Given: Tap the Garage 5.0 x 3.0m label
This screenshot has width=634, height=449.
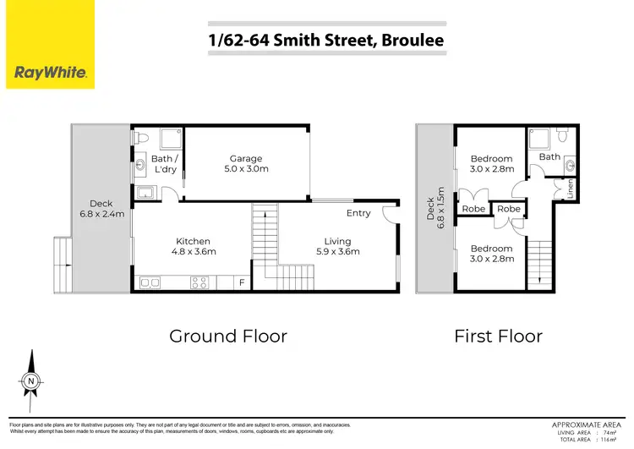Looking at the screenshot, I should tap(246, 164).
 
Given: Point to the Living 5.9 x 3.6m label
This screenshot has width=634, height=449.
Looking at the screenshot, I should tap(337, 245).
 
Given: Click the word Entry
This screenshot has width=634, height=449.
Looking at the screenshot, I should tap(358, 213).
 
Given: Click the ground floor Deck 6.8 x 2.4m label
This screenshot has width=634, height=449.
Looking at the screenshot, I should tap(101, 209).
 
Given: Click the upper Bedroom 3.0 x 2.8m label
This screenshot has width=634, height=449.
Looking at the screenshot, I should tap(491, 164).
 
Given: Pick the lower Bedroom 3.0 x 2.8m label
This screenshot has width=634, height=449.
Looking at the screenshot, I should tap(491, 254).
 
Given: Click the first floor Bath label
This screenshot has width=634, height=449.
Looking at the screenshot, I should tap(549, 156).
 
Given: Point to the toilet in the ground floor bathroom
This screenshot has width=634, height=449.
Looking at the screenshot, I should tap(142, 137).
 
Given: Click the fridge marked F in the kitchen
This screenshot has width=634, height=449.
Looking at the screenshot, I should tap(243, 282).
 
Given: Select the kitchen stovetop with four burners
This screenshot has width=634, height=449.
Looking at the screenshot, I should tap(200, 282).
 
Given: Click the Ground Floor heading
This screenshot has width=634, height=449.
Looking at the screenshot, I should tap(228, 336).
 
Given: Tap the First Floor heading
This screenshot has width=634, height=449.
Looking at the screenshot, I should tap(498, 336).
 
